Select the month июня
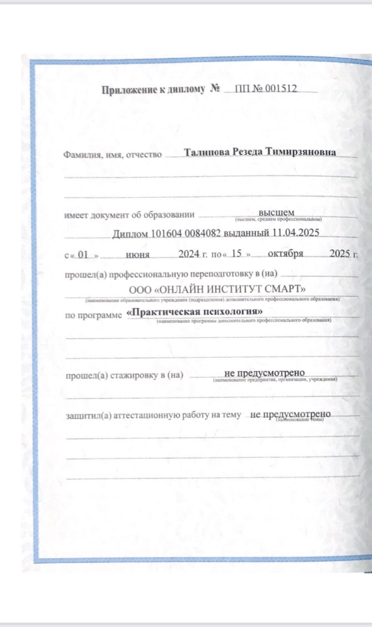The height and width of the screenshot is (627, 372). [x=137, y=254]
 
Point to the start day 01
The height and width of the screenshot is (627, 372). [x=84, y=254]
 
